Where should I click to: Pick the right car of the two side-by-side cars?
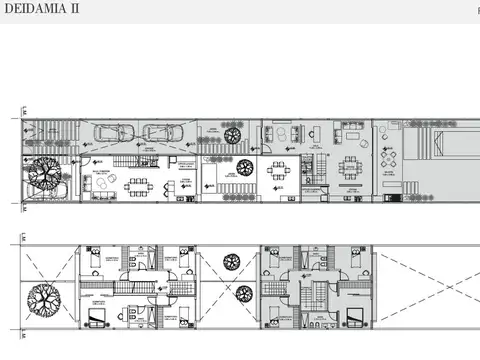coord(158,133)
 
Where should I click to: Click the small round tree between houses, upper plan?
coord(232,136)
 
